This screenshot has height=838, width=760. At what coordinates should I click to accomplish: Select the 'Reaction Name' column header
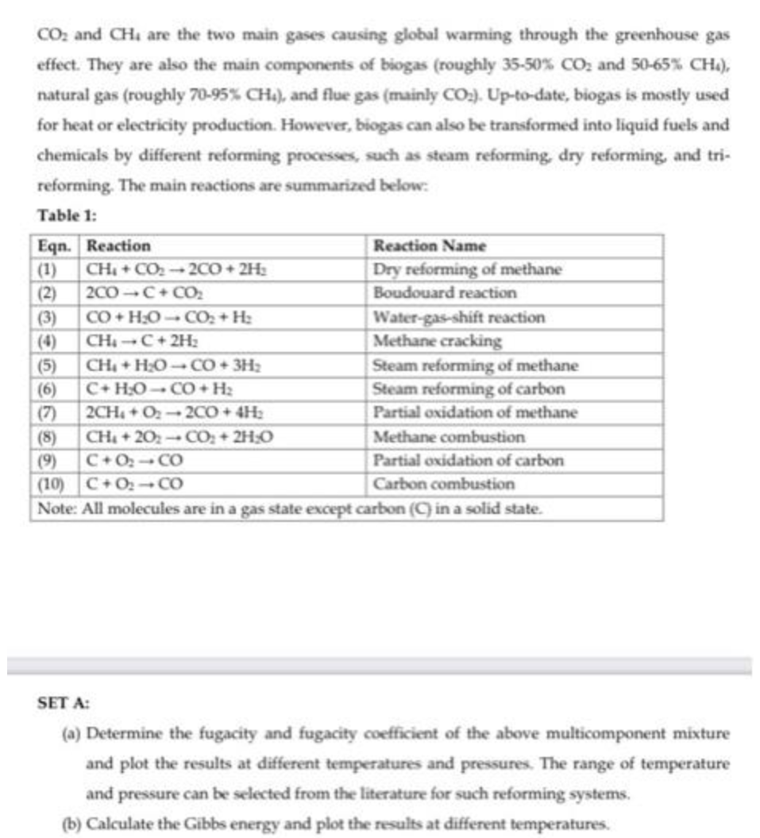click(429, 245)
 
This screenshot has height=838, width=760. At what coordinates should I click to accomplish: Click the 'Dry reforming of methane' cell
click(467, 269)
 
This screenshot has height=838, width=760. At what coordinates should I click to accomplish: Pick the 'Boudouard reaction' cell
click(445, 293)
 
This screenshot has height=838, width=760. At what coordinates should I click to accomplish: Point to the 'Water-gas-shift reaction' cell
click(459, 317)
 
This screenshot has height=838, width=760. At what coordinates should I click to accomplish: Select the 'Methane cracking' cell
click(438, 341)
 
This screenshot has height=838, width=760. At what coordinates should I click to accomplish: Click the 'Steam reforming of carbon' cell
click(469, 389)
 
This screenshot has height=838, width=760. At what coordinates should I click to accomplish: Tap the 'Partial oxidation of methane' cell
click(475, 413)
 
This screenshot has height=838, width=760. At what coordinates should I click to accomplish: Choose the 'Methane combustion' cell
click(449, 437)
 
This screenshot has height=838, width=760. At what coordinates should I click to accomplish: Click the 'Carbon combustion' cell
click(444, 484)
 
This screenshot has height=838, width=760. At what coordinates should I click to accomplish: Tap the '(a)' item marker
click(71, 733)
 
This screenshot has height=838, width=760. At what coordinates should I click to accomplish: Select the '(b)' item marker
click(71, 823)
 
